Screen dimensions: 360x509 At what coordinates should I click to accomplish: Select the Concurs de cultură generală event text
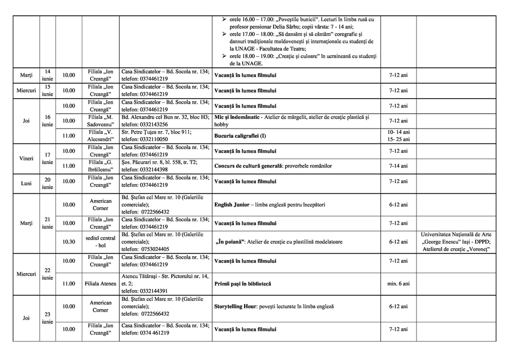pyautogui.click(x=273, y=166)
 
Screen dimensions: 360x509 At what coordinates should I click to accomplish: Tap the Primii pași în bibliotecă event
pyautogui.click(x=242, y=283)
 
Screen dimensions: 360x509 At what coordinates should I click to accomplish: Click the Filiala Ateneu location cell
pyautogui.click(x=100, y=283)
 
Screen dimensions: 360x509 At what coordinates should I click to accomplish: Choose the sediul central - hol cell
pyautogui.click(x=100, y=242)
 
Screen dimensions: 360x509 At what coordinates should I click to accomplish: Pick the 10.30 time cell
pyautogui.click(x=68, y=242)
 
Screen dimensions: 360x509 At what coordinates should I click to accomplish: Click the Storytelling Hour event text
pyautogui.click(x=274, y=306)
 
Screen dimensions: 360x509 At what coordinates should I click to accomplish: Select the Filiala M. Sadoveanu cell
pyautogui.click(x=100, y=121)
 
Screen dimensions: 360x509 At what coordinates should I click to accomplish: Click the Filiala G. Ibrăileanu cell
pyautogui.click(x=100, y=166)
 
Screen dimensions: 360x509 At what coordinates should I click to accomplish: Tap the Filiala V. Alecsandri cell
pyautogui.click(x=100, y=136)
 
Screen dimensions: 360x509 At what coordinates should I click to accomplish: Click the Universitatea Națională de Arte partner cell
pyautogui.click(x=456, y=242)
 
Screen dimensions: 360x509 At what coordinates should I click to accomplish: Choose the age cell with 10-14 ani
pyautogui.click(x=398, y=132)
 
